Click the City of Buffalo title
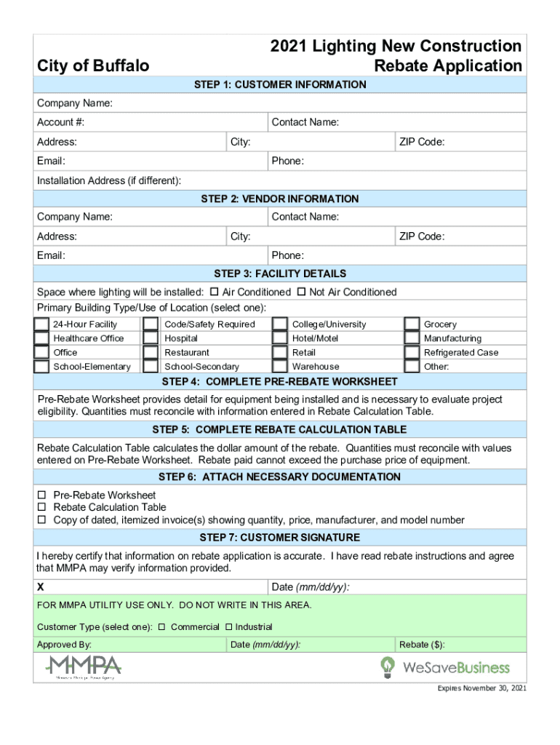pyautogui.click(x=93, y=66)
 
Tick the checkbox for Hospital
pyautogui.click(x=151, y=338)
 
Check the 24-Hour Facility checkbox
pyautogui.click(x=41, y=324)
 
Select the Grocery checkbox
pyautogui.click(x=412, y=324)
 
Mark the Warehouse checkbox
pyautogui.click(x=279, y=366)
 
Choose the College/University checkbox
pyautogui.click(x=279, y=324)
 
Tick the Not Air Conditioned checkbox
pyautogui.click(x=300, y=292)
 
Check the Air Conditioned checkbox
pyautogui.click(x=214, y=292)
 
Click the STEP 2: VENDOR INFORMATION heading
pyautogui.click(x=280, y=199)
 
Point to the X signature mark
pyautogui.click(x=41, y=587)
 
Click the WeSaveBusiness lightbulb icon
pyautogui.click(x=388, y=666)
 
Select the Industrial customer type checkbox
pyautogui.click(x=228, y=627)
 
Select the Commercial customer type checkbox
pyautogui.click(x=161, y=627)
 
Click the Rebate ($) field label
pyautogui.click(x=422, y=645)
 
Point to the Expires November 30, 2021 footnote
pyautogui.click(x=481, y=688)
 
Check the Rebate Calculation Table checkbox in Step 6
pyautogui.click(x=41, y=507)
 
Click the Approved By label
pyautogui.click(x=64, y=645)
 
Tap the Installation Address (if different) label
pyautogui.click(x=109, y=180)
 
